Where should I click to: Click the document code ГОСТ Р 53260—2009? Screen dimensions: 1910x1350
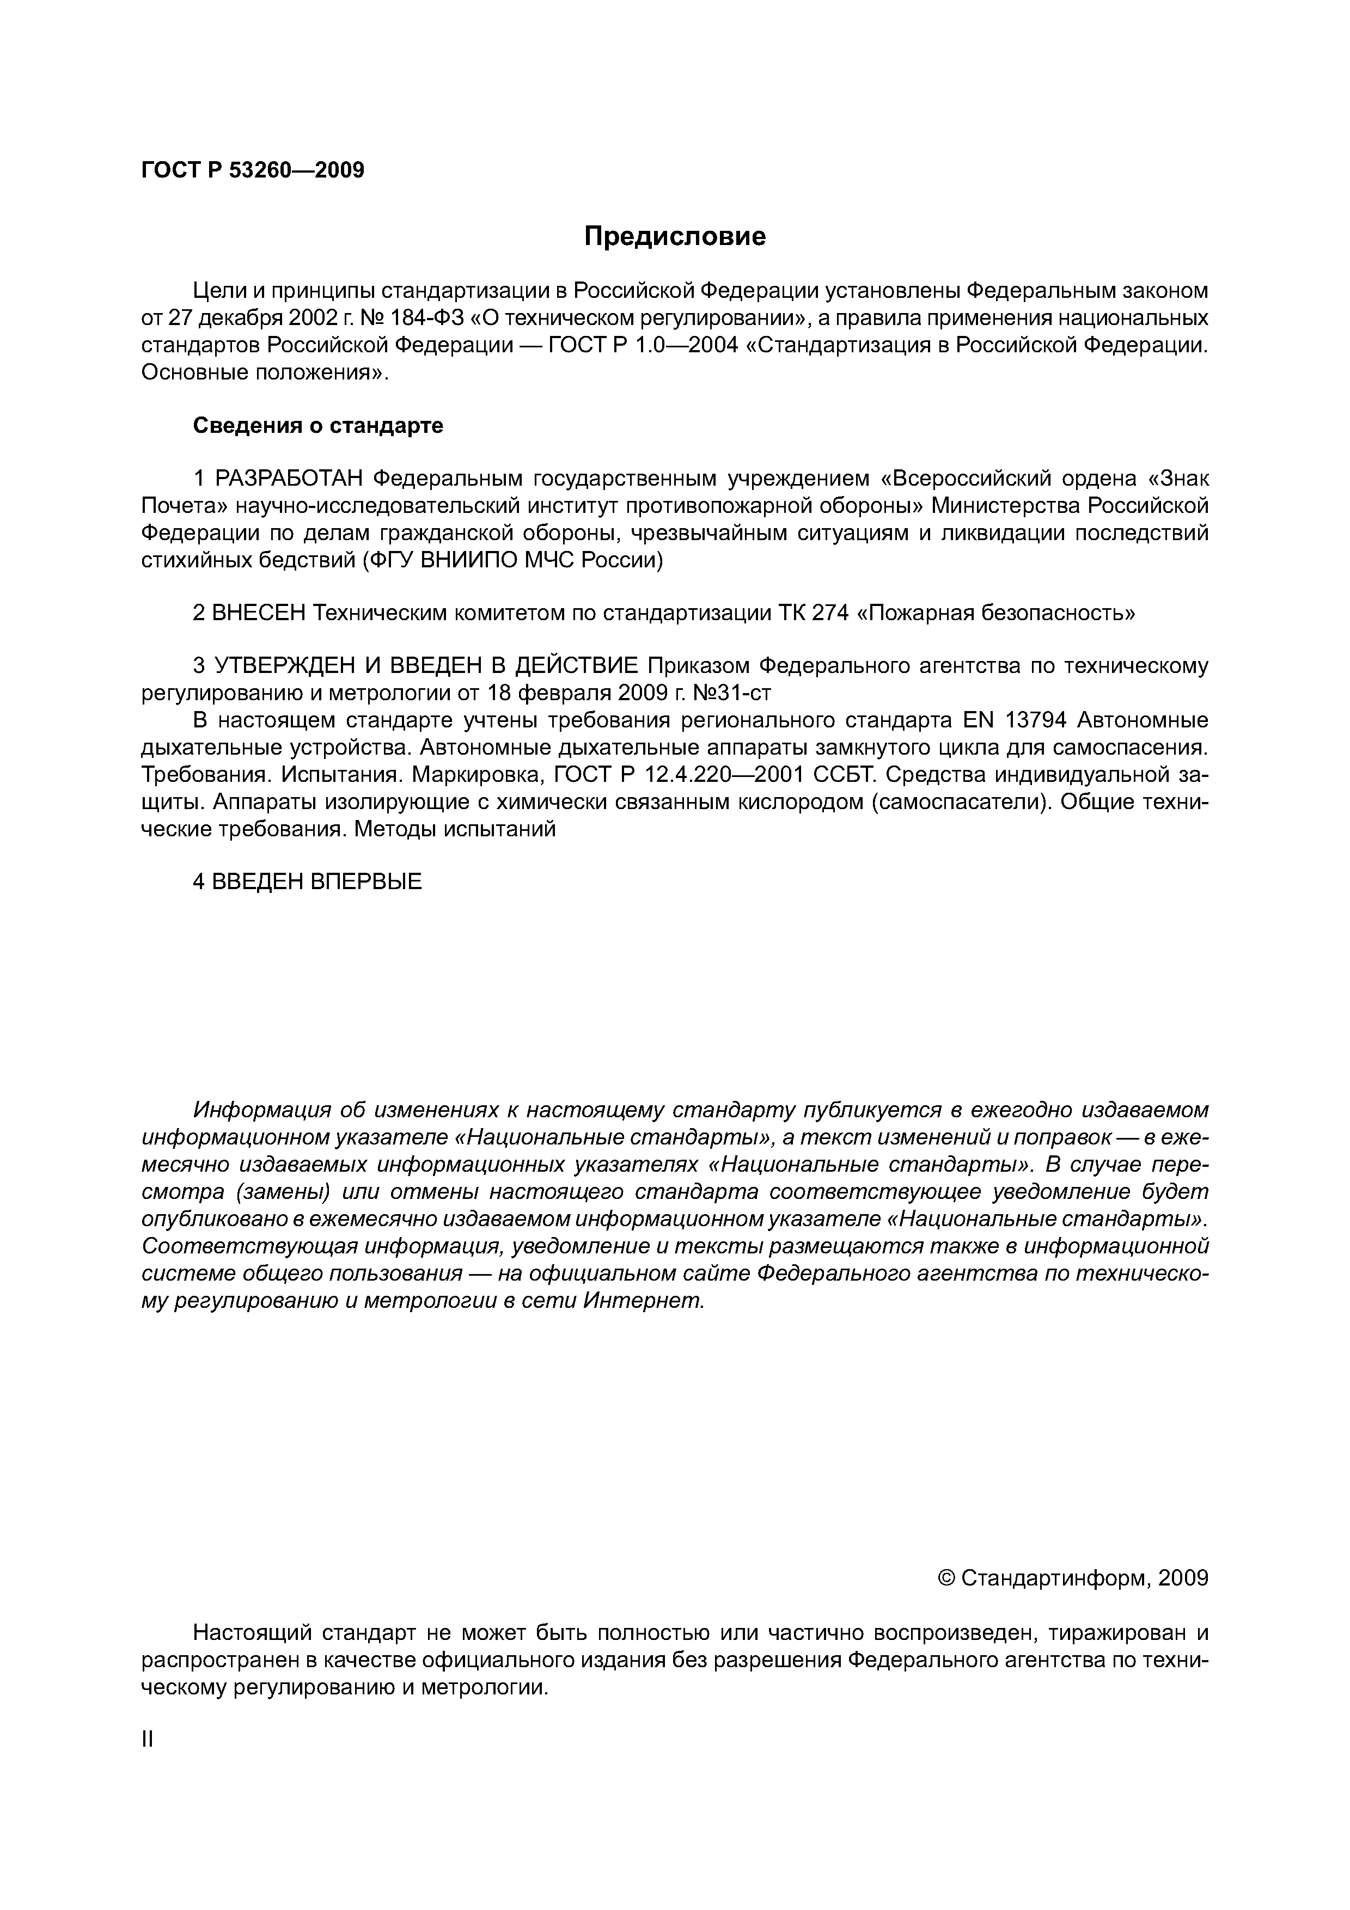253,170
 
